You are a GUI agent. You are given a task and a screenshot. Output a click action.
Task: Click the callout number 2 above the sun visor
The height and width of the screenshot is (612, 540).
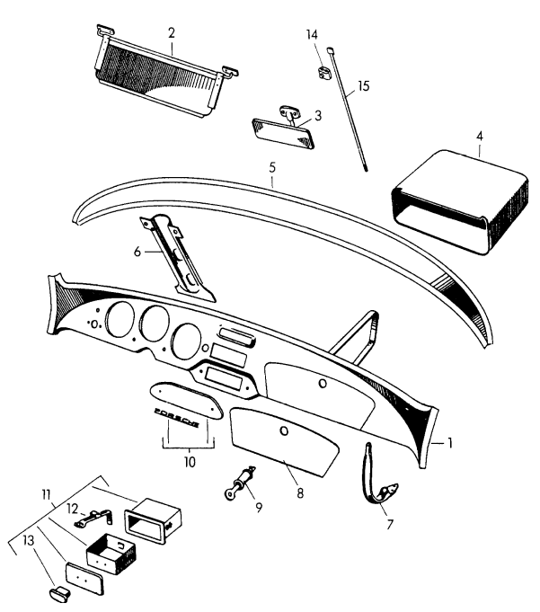[171, 32]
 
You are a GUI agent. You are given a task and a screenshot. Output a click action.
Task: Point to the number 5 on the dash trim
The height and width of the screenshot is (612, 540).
[271, 167]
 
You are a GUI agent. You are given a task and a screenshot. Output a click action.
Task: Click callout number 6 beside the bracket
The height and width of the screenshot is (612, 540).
[137, 253]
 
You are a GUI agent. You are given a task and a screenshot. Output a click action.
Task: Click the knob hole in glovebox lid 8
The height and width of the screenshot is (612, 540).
[285, 431]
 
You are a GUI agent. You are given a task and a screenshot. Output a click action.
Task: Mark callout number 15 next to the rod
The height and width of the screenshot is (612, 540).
[363, 87]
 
